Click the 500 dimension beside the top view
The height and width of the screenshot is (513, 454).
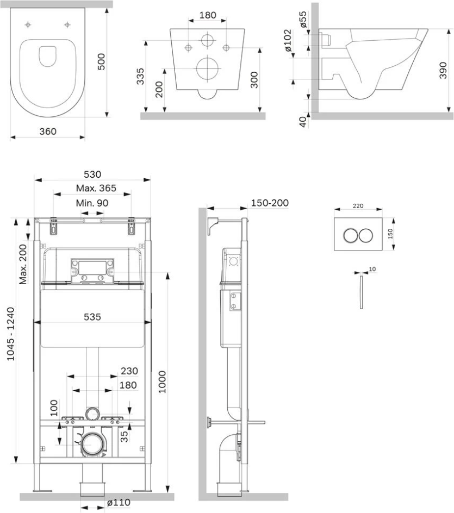pyautogui.click(x=101, y=61)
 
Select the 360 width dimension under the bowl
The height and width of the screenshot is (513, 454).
pyautogui.click(x=47, y=131)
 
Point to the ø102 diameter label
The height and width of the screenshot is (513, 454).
pyautogui.click(x=288, y=41)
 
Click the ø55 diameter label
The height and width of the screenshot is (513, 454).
pyautogui.click(x=303, y=18)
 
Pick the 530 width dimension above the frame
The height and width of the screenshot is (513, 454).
pyautogui.click(x=92, y=174)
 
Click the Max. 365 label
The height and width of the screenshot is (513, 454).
pyautogui.click(x=96, y=189)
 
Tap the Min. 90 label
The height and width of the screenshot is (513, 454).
pyautogui.click(x=92, y=203)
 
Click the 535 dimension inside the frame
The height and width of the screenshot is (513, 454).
pyautogui.click(x=92, y=316)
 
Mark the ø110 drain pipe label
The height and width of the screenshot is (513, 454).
pyautogui.click(x=119, y=503)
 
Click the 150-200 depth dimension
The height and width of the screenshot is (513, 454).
pyautogui.click(x=269, y=203)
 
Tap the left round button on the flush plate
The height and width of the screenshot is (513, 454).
pyautogui.click(x=351, y=236)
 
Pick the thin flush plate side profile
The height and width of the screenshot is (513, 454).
pyautogui.click(x=361, y=292)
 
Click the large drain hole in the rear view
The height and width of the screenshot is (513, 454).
pyautogui.click(x=206, y=69)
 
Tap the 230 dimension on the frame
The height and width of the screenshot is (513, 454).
pyautogui.click(x=129, y=371)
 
